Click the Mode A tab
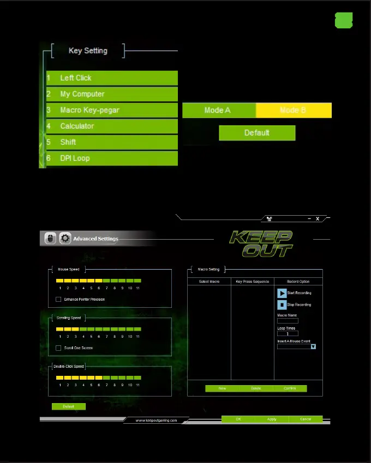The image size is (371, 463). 218,111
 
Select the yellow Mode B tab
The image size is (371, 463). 294,111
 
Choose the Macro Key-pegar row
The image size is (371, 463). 112,110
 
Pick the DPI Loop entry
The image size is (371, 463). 112,159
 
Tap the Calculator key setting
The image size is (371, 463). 112,126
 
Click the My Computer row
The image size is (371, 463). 112,94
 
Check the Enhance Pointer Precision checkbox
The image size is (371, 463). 58,300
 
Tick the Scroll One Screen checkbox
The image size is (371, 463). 58,348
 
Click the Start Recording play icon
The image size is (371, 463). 282,293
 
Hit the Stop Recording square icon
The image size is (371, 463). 282,305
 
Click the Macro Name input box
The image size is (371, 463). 288,321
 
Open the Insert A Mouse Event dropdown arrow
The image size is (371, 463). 313,346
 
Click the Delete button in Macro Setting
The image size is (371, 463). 256,388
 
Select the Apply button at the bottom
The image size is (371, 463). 272,419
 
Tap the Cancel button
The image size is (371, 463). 306,419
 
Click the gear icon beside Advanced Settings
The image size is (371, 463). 65,239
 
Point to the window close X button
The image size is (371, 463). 318,218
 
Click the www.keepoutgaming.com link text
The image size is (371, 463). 156,421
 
